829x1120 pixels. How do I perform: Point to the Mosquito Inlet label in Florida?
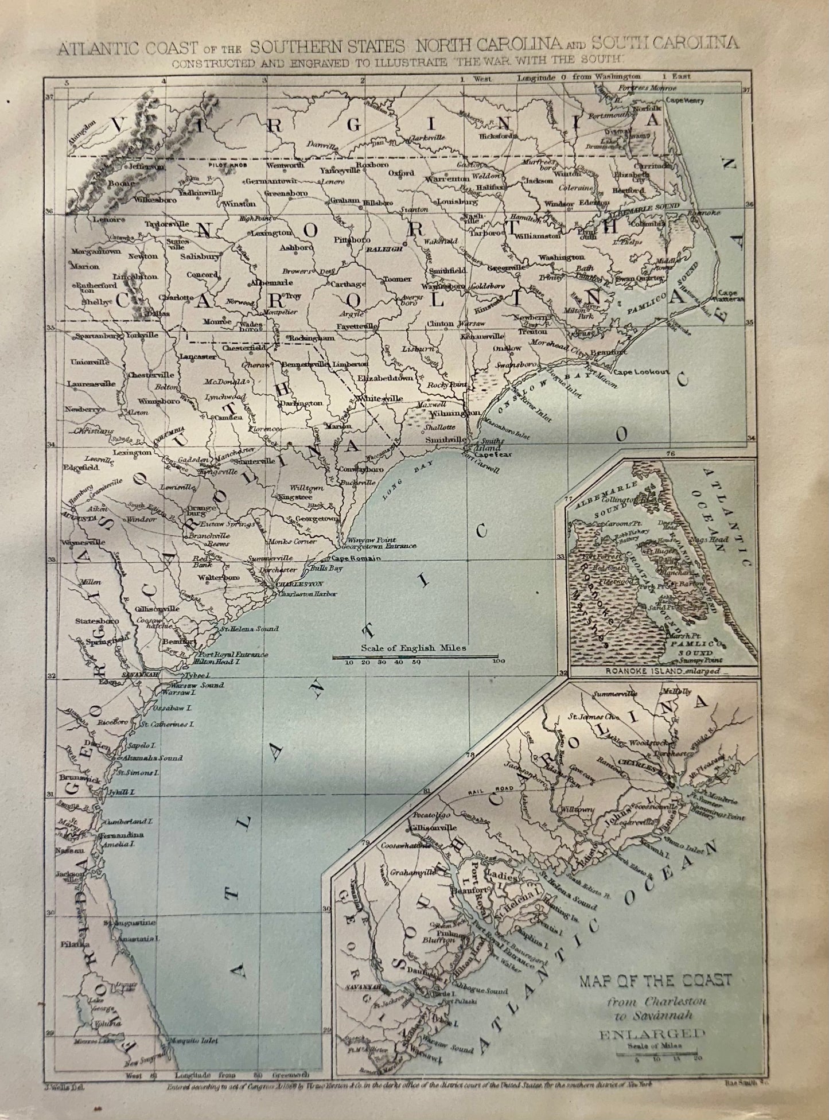point(192,1040)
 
